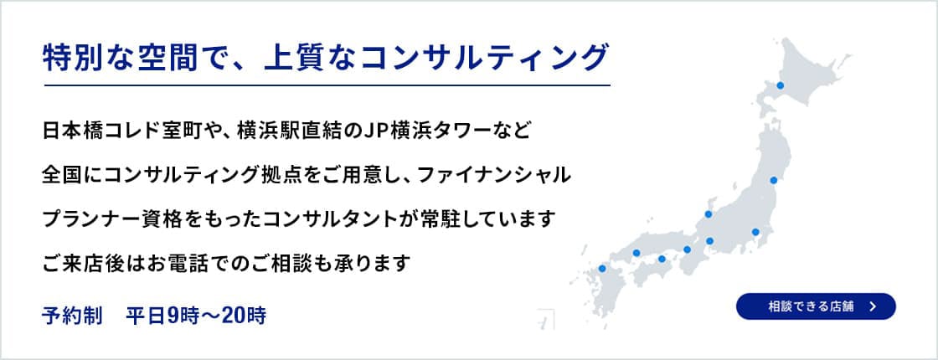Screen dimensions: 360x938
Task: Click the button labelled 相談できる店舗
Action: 815,306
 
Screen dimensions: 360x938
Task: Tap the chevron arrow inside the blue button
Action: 873,306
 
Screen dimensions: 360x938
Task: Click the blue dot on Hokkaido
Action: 780,85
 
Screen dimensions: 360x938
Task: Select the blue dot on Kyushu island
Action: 601,269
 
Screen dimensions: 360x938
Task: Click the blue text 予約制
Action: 72,316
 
